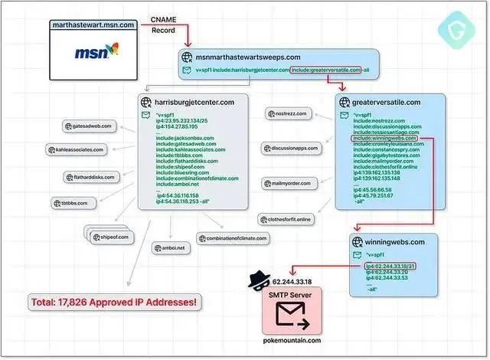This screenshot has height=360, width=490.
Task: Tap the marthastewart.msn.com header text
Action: tap(96, 25)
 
